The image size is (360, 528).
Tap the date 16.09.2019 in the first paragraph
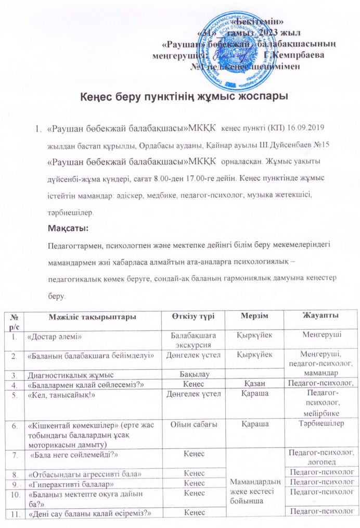tap(309, 127)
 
